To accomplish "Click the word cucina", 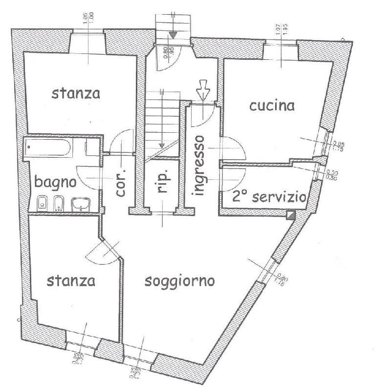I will pyautogui.click(x=272, y=106).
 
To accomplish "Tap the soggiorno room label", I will pyautogui.click(x=180, y=282).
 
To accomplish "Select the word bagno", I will pyautogui.click(x=55, y=183).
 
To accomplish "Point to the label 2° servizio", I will pyautogui.click(x=269, y=197).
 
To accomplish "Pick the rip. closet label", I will pyautogui.click(x=163, y=182).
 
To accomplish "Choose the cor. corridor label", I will pyautogui.click(x=121, y=183).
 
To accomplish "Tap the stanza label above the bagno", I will pyautogui.click(x=76, y=93).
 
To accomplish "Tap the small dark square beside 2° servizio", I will pyautogui.click(x=291, y=215).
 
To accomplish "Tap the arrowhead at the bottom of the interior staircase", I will pyautogui.click(x=161, y=146).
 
